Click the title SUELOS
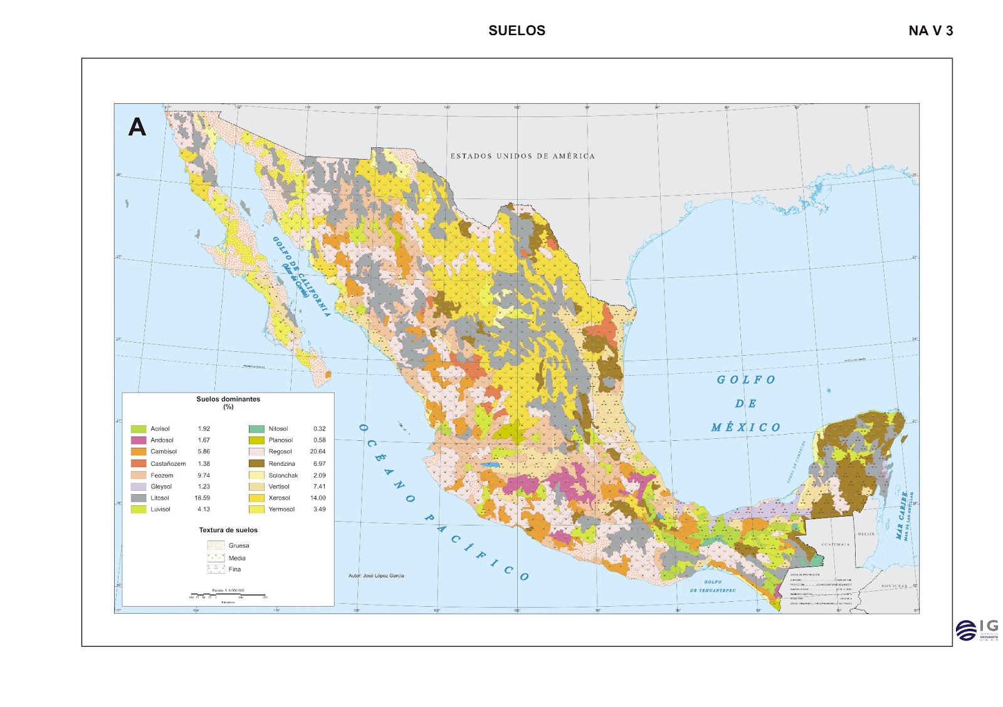517,31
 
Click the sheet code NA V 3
930,31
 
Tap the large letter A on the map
137,127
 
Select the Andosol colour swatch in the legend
138,440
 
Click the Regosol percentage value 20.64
317,452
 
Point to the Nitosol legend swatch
256,429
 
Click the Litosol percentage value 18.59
202,498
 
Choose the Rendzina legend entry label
281,464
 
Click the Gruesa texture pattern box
216,545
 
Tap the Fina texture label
234,569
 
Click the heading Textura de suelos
228,530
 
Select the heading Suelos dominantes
228,399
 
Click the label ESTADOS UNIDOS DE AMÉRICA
522,156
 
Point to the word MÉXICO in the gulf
745,428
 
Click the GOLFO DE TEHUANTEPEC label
712,586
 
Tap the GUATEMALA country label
835,544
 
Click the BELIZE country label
866,534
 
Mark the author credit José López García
376,575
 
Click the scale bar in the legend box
228,594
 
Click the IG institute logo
977,630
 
